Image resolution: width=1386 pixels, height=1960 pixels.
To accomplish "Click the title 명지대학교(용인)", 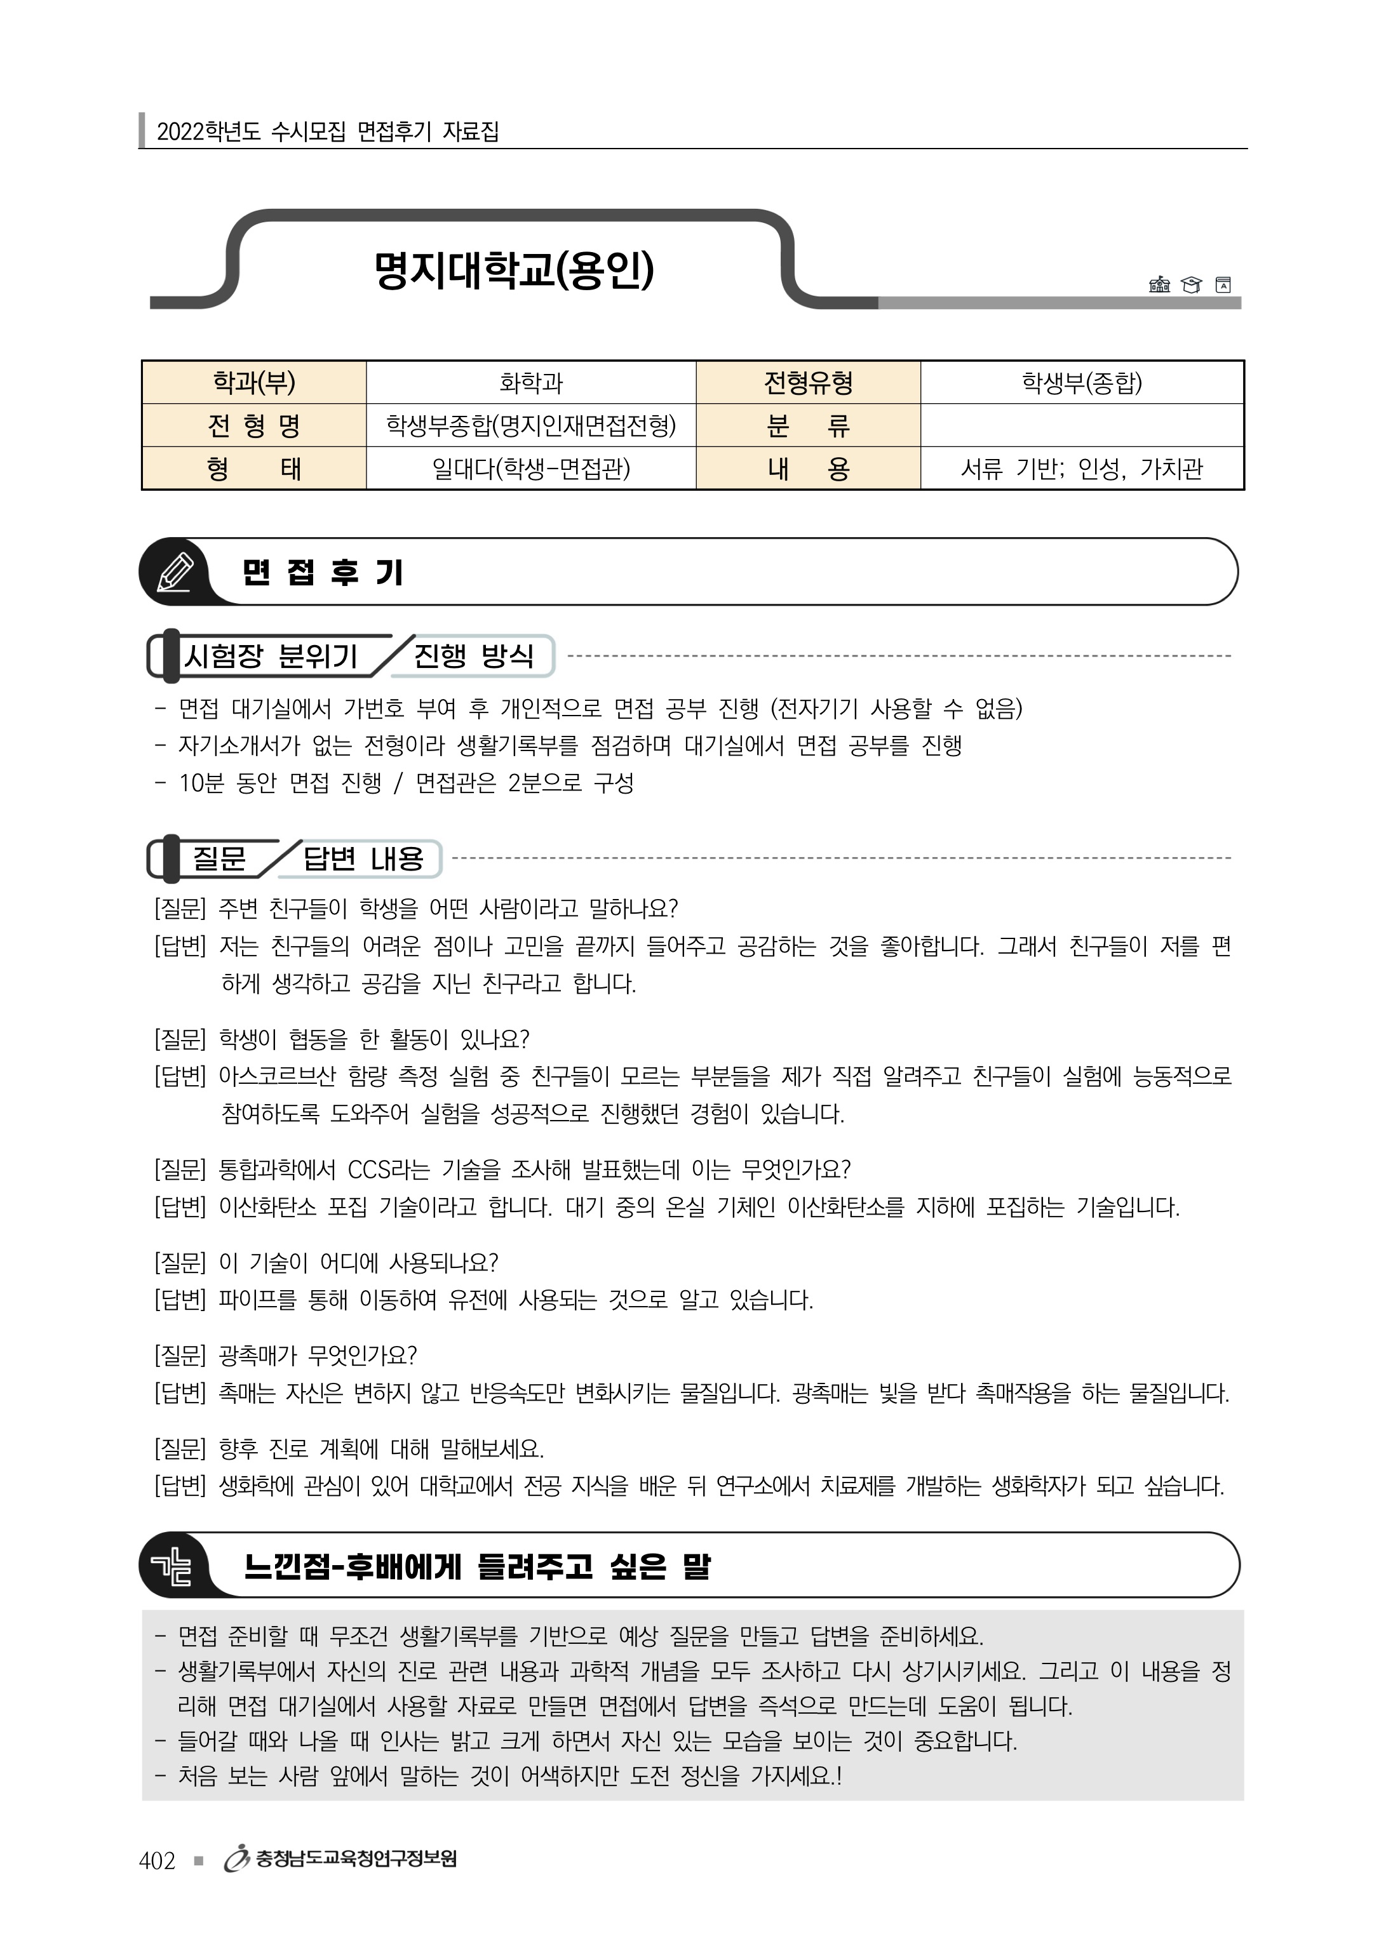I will (x=513, y=270).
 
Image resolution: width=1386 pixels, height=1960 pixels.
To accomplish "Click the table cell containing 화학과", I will (x=530, y=382).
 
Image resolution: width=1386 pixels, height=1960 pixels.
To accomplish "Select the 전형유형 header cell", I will (x=808, y=382).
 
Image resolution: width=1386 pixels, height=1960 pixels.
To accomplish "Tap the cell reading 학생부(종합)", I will (x=1081, y=382).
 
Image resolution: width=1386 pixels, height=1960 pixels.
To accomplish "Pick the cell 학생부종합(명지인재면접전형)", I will (x=530, y=425).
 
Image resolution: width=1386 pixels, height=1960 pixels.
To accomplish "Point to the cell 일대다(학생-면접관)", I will (x=530, y=469).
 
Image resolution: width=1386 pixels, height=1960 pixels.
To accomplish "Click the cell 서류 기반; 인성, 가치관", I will (x=1081, y=469).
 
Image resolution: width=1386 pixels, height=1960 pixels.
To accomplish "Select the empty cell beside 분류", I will (x=1081, y=425).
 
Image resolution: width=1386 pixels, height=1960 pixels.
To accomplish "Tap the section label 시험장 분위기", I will (x=271, y=656).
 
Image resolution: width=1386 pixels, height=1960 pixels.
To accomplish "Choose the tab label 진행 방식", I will (x=473, y=656).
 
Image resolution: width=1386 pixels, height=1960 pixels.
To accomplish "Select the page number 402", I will (x=157, y=1860).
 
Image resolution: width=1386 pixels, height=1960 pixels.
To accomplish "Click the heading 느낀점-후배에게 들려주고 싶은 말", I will (x=476, y=1566).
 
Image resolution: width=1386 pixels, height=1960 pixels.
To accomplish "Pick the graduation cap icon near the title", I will (x=1190, y=285).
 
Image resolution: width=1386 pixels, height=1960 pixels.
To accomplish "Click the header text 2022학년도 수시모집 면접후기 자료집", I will (x=328, y=131).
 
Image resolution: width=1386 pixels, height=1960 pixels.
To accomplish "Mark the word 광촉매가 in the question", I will (x=258, y=1355).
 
